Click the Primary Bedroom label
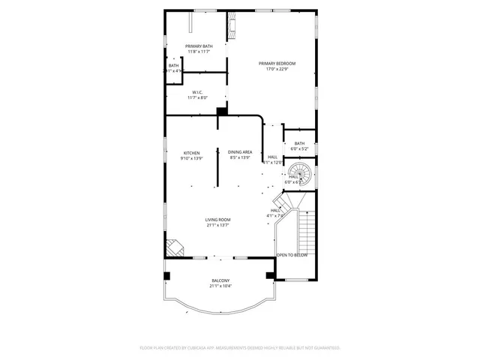[277, 64]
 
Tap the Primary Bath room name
[199, 46]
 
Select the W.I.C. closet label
[198, 92]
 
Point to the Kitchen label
[192, 152]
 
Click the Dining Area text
[240, 152]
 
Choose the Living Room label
[217, 220]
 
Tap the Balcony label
[220, 280]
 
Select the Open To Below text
[292, 255]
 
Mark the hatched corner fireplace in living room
[173, 247]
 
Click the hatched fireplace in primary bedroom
[232, 28]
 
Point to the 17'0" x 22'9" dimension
[277, 70]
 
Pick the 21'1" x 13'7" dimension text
[217, 225]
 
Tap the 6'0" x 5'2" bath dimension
[299, 148]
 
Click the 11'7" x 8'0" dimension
[198, 97]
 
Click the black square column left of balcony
[167, 275]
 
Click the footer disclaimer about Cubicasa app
[240, 348]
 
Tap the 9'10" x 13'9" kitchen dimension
[192, 158]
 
